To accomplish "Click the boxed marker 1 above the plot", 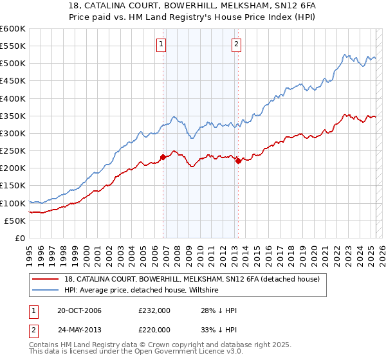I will [160, 44].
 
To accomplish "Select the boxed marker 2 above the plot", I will [236, 44].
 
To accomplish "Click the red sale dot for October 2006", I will [163, 157].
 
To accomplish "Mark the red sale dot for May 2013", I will [238, 161].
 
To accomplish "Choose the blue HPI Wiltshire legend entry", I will [141, 291].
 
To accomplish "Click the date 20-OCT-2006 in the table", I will [79, 310].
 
